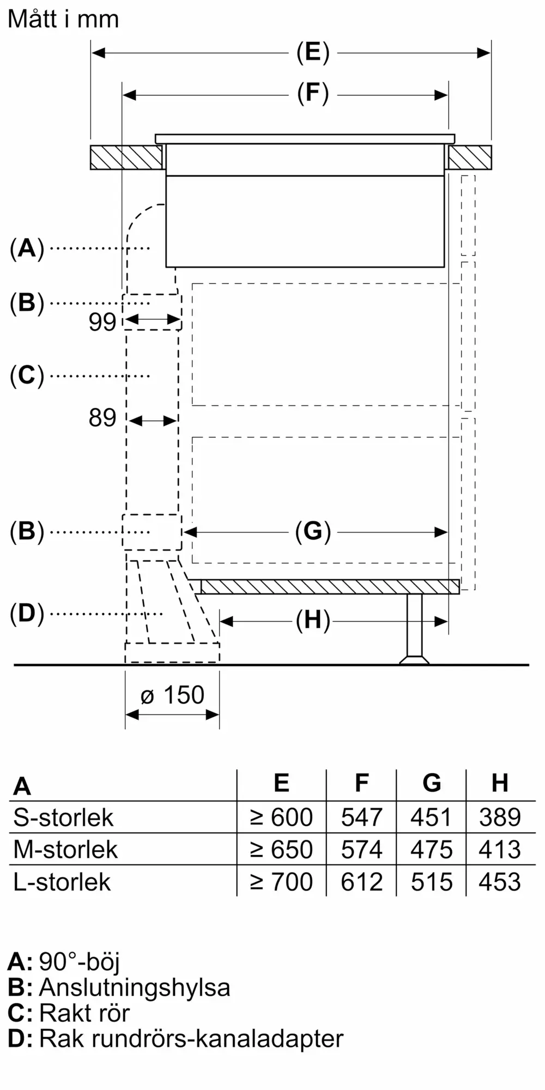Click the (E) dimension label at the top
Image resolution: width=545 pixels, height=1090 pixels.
click(x=313, y=53)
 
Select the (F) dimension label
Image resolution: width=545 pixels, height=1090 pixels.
click(x=313, y=94)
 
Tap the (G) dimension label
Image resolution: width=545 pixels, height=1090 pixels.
click(x=313, y=531)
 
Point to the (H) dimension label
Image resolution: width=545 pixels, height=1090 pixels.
click(x=313, y=620)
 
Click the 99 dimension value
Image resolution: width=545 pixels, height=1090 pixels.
click(x=102, y=322)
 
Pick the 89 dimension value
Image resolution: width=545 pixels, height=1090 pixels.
click(x=102, y=418)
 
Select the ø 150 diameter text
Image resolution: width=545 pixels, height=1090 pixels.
click(x=172, y=695)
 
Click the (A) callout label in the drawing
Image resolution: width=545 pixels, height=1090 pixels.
click(x=27, y=249)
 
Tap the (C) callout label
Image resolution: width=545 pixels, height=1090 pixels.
click(x=27, y=376)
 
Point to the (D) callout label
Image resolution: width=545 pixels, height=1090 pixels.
click(x=27, y=614)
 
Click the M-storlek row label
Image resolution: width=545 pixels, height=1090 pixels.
click(x=65, y=850)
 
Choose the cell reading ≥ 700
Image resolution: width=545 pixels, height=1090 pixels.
click(x=281, y=882)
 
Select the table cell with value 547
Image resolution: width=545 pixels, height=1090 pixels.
click(x=362, y=817)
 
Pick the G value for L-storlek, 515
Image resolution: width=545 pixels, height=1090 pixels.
click(x=432, y=882)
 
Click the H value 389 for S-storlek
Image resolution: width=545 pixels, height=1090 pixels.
click(x=500, y=817)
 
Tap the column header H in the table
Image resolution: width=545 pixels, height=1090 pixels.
click(x=500, y=783)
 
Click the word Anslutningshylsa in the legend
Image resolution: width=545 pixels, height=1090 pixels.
click(x=135, y=988)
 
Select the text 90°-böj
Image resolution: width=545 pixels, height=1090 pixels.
click(x=79, y=962)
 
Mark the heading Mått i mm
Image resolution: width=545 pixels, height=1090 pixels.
click(x=63, y=20)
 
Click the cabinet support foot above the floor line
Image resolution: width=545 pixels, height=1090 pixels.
click(x=414, y=629)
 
